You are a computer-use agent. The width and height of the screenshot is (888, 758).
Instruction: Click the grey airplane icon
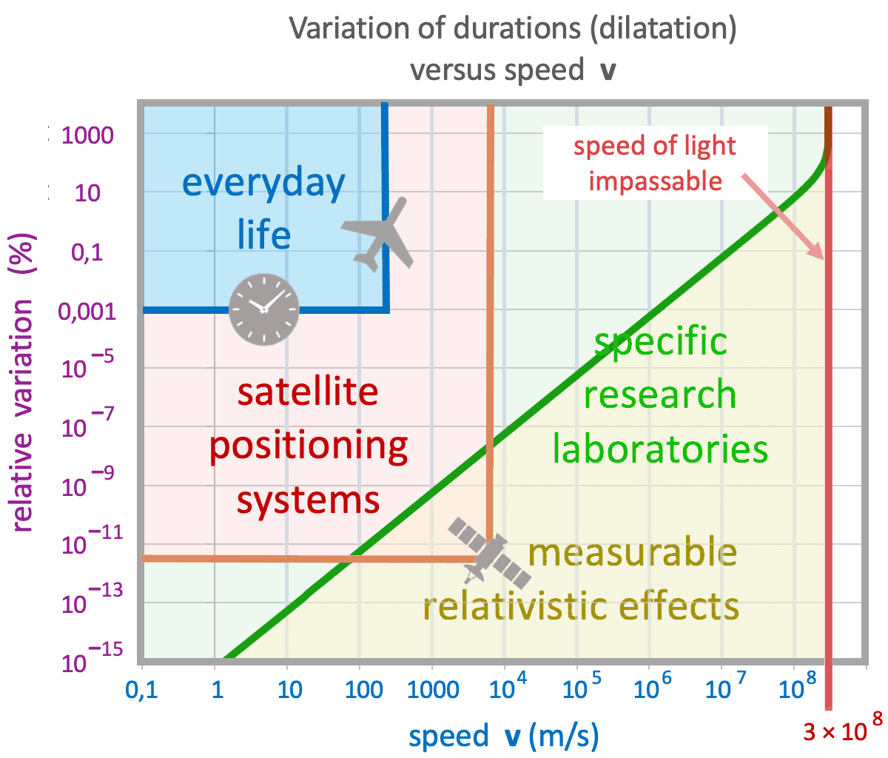(380, 233)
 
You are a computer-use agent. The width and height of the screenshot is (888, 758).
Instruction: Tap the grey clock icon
(263, 309)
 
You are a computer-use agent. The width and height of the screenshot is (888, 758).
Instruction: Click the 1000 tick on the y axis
(88, 135)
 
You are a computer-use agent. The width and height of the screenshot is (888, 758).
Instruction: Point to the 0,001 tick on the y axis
(87, 311)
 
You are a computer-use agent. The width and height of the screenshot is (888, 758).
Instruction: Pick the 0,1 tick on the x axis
(143, 690)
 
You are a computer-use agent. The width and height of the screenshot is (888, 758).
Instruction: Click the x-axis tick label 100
(363, 690)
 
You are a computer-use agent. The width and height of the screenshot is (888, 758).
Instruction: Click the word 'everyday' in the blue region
(263, 184)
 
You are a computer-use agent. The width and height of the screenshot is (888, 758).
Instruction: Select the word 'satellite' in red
(307, 392)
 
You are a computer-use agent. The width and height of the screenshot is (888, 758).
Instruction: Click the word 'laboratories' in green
(660, 449)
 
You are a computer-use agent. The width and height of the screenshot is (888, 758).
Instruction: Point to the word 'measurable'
(633, 553)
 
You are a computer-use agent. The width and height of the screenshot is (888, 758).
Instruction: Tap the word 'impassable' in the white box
(655, 181)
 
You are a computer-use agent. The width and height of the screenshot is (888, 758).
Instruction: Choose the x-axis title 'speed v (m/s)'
(503, 737)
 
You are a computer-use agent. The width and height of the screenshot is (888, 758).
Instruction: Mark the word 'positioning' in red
(308, 446)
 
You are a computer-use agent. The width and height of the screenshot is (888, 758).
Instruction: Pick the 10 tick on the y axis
(87, 194)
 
